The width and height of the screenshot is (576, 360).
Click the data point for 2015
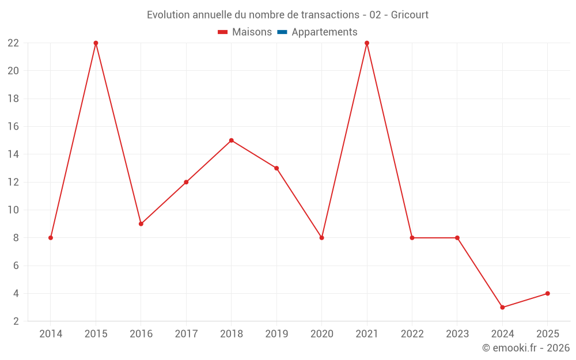click(x=96, y=43)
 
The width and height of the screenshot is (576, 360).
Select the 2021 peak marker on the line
click(x=367, y=43)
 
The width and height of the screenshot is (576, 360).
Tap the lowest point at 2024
click(x=502, y=308)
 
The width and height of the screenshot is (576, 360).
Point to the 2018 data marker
click(x=231, y=141)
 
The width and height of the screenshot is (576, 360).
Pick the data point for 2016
click(x=141, y=224)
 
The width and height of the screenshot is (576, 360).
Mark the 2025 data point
click(x=548, y=294)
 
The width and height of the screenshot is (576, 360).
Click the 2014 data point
click(x=51, y=238)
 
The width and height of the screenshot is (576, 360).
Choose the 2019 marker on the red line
click(x=276, y=168)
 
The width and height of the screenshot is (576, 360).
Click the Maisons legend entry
click(x=252, y=32)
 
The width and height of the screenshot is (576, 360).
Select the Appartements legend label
click(x=324, y=32)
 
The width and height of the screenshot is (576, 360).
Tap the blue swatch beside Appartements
click(x=282, y=32)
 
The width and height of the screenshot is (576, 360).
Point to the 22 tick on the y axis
click(x=13, y=43)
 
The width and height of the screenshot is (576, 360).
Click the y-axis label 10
click(x=13, y=210)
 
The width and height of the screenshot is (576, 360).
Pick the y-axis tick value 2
click(x=16, y=321)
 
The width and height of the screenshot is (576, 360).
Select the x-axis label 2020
click(x=321, y=334)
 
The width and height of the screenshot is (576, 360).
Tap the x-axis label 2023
click(x=457, y=334)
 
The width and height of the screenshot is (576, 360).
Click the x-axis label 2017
click(x=186, y=334)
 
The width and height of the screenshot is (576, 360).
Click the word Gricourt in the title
click(x=410, y=15)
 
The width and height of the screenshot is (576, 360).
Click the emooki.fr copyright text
click(x=526, y=348)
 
